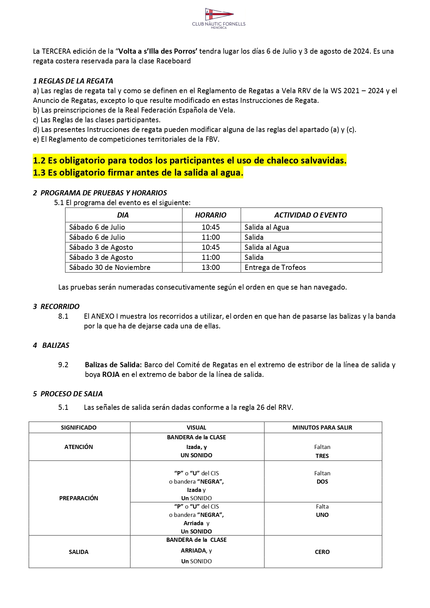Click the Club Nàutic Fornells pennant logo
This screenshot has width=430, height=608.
pyautogui.click(x=219, y=15)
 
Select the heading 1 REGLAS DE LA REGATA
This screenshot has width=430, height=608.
pyautogui.click(x=73, y=81)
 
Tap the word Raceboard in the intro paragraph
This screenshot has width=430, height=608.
pyautogui.click(x=173, y=61)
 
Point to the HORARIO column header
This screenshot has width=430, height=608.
pyautogui.click(x=211, y=215)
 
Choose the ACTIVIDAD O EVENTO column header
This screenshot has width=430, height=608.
pyautogui.click(x=310, y=215)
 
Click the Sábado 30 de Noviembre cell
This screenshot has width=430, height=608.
pyautogui.click(x=110, y=267)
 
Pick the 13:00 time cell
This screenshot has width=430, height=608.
pyautogui.click(x=211, y=267)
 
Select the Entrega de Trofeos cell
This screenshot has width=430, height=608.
pyautogui.click(x=275, y=267)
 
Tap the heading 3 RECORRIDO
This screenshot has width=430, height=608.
pyautogui.click(x=56, y=307)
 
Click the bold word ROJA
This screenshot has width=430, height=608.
pyautogui.click(x=111, y=375)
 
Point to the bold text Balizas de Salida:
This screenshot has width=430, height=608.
pyautogui.click(x=113, y=365)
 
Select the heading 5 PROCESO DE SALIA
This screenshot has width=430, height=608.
pyautogui.click(x=68, y=394)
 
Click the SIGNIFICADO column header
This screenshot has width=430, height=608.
pyautogui.click(x=79, y=428)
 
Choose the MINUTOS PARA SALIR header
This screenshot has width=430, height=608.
pyautogui.click(x=322, y=428)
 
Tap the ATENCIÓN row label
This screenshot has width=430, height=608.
pyautogui.click(x=79, y=447)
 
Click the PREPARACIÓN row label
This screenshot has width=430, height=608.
pyautogui.click(x=79, y=498)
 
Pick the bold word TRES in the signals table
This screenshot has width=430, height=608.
pyautogui.click(x=322, y=456)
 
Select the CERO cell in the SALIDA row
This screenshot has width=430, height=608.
pyautogui.click(x=322, y=552)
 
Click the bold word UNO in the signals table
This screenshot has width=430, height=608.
pyautogui.click(x=322, y=515)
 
